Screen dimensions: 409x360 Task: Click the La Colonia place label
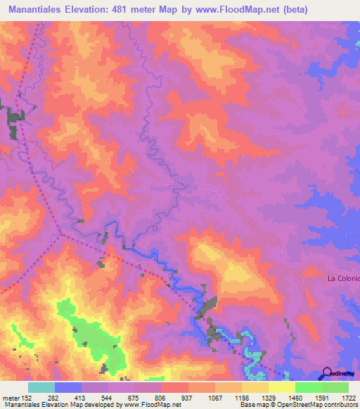coord(343,278)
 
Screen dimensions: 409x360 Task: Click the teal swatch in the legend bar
coord(41,387)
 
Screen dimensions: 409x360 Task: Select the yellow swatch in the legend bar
coord(281,387)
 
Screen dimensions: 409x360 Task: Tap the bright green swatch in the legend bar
coord(308,387)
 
